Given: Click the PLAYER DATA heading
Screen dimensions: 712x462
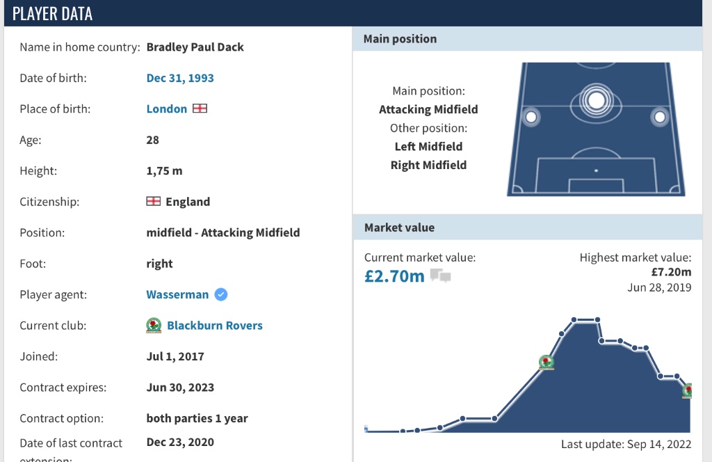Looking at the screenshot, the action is point(52,14).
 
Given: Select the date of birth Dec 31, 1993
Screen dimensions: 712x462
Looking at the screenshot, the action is point(180,78).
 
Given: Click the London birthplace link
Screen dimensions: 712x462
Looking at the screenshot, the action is point(167,109).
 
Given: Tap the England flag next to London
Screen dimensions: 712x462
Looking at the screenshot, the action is point(200,109).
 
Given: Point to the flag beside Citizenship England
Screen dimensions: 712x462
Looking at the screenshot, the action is point(154,201).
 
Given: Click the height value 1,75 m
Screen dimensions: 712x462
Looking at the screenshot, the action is point(164,170).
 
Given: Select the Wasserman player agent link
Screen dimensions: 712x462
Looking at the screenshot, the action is point(177,294).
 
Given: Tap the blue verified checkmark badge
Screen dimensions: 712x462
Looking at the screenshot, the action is point(220,294).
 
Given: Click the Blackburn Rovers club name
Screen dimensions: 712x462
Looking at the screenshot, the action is point(215,325).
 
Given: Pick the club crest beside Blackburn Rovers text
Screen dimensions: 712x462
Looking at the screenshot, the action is point(154,325).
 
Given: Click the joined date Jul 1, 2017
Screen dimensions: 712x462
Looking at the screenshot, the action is point(175,357).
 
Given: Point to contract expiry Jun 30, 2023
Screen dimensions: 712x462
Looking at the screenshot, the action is point(180,388).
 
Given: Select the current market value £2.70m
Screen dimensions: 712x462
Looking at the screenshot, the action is point(394,276).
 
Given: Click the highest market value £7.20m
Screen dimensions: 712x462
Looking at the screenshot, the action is point(671,272).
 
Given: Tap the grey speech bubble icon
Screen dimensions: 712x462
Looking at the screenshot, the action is point(440,276).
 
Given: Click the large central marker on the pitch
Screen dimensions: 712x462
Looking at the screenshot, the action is point(596,100).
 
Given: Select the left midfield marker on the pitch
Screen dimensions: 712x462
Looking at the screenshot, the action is point(531,117).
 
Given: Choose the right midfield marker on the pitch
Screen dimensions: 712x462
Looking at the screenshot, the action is point(660,117).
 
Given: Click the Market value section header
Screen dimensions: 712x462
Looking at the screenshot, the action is point(400,228).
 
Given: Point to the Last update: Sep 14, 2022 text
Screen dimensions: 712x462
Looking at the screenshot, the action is point(626,445).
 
